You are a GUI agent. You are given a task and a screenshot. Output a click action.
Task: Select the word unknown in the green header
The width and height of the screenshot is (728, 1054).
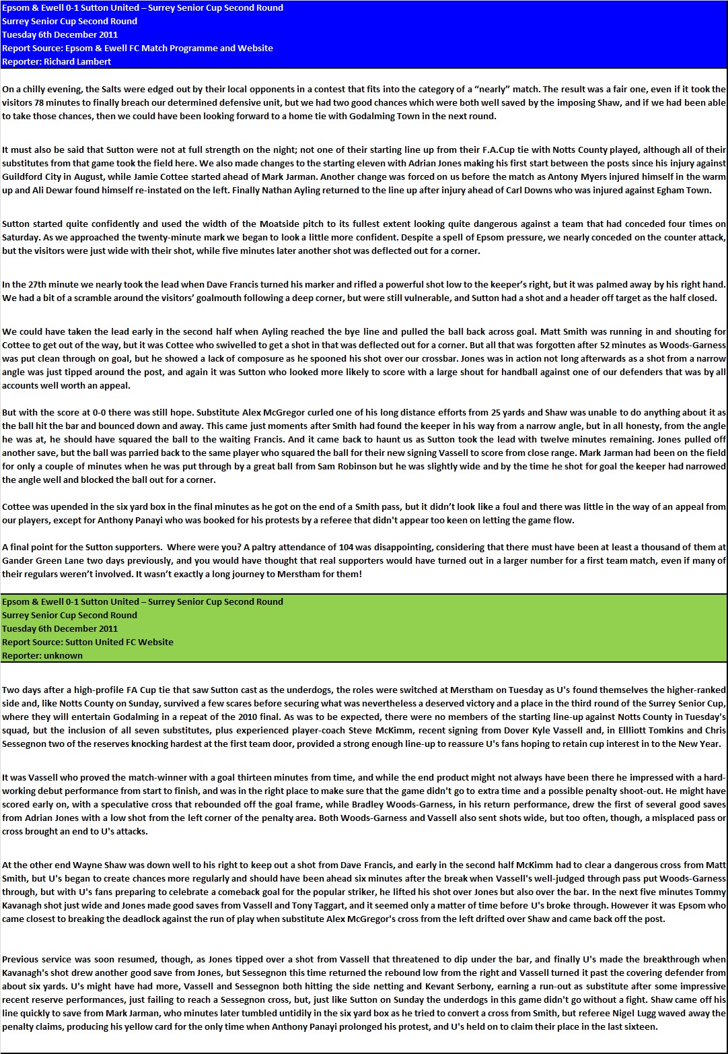tap(63, 655)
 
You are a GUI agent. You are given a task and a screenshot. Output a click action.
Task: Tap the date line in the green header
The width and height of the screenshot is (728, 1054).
tap(60, 628)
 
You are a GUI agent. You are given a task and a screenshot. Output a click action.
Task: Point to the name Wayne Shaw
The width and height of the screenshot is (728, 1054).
tap(97, 865)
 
